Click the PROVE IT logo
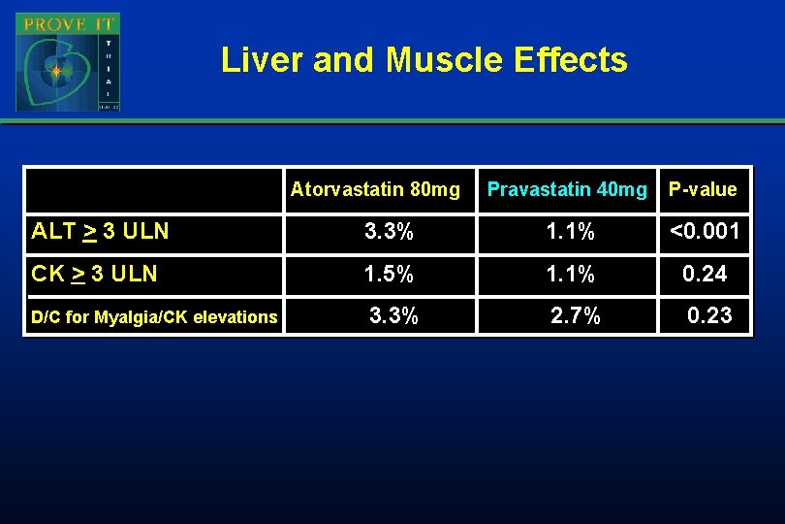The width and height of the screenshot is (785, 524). pos(68,62)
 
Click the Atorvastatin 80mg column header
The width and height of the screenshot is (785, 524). pos(375,189)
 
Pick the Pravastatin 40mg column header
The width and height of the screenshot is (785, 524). pos(567,189)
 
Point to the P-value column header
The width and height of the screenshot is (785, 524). pos(703,189)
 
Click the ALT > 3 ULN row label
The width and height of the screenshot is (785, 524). pos(100,231)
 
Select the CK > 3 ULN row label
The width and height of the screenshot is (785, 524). pos(94,274)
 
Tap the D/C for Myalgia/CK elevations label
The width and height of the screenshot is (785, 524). pos(154,316)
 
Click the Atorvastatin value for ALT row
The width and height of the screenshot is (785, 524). pos(389,231)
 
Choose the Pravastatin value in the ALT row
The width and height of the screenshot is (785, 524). pos(571,231)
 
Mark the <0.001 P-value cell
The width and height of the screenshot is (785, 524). pos(705,231)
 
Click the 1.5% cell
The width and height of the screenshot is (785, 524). pos(389,274)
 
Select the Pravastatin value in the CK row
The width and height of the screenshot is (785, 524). pos(571,274)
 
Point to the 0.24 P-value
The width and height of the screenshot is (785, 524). pos(705,274)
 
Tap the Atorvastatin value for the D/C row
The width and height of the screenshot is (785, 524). pos(393,315)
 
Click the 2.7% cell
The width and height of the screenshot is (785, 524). pos(576,315)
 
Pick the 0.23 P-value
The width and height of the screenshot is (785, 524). pos(709,315)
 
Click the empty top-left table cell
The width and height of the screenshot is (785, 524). pos(153,189)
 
